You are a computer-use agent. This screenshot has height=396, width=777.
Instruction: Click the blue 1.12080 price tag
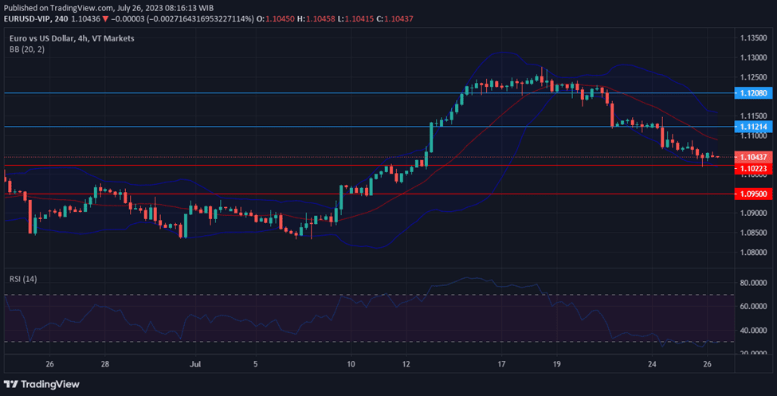coord(752,93)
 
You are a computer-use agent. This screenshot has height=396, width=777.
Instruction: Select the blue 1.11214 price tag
coord(752,127)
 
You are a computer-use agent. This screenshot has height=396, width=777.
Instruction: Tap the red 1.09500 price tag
coord(752,194)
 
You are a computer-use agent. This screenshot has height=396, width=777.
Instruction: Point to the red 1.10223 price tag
coord(752,168)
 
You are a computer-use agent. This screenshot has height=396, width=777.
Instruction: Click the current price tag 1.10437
coord(752,157)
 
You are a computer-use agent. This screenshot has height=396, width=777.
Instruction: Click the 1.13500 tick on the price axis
coord(752,37)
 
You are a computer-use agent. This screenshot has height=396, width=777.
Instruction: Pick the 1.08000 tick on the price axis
coord(752,253)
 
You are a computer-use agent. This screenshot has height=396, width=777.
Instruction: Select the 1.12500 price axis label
coord(752,77)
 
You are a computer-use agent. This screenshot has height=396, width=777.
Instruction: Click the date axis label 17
coord(501,363)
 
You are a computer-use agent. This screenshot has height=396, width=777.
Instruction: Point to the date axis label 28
coord(105,363)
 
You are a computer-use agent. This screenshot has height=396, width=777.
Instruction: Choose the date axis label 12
coord(406,363)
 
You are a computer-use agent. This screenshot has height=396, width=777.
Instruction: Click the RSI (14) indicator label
coord(23,279)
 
